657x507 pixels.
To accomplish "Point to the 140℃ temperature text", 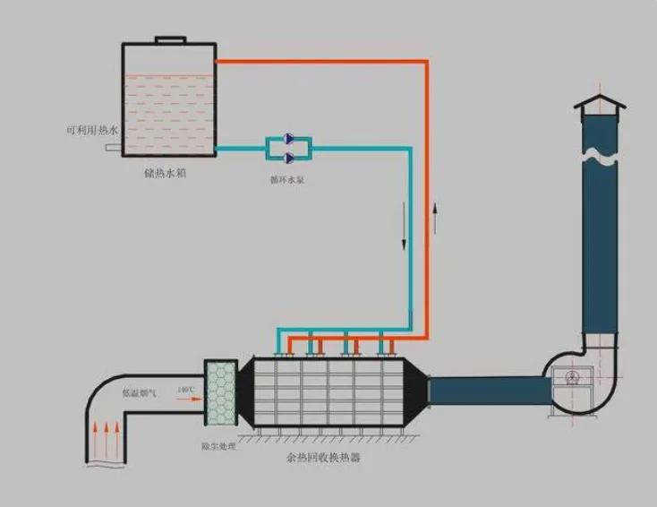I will point(185,390).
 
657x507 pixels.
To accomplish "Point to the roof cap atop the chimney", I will point(600,105).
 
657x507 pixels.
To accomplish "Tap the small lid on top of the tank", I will point(169,39).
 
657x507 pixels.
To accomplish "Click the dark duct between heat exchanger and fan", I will point(488,390).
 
